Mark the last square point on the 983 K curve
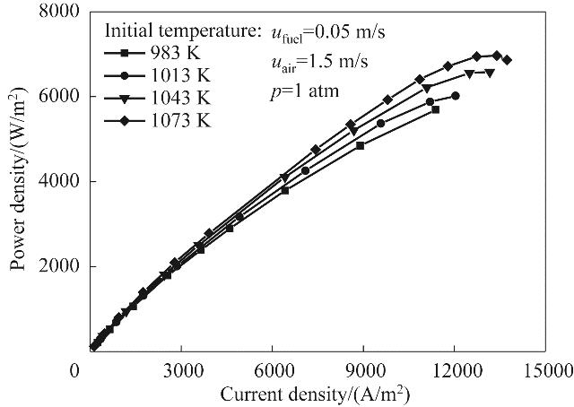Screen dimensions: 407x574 tap(435, 109)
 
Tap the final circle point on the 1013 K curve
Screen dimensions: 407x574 tap(456, 95)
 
